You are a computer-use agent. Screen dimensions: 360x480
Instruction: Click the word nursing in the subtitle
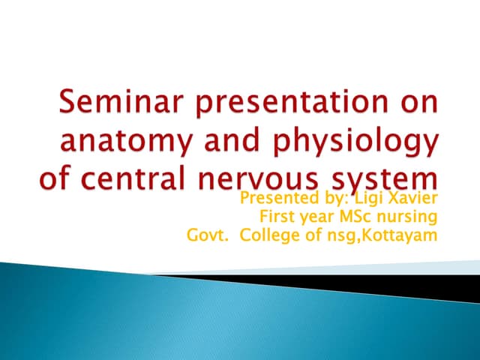click(x=408, y=217)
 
